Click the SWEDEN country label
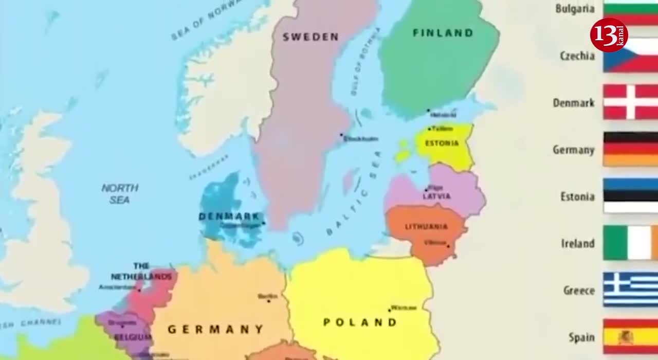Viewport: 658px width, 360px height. click(310, 37)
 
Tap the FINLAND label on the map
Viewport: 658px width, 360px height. click(443, 33)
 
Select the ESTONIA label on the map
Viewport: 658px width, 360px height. click(442, 143)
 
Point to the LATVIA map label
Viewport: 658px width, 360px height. click(437, 196)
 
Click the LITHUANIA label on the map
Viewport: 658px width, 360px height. click(426, 227)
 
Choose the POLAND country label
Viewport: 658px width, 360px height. click(360, 322)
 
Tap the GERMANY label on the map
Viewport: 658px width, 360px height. click(216, 329)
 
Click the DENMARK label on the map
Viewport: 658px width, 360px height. click(229, 217)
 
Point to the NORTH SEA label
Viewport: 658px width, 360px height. click(120, 194)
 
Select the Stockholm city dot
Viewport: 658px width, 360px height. click(341, 135)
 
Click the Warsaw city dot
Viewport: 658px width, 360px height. click(389, 310)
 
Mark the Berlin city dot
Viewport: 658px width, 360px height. click(268, 300)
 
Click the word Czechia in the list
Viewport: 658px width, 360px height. click(577, 56)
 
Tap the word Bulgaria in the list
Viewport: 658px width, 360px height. click(575, 9)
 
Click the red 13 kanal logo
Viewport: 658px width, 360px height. click(609, 35)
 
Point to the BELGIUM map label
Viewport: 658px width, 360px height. click(133, 337)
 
